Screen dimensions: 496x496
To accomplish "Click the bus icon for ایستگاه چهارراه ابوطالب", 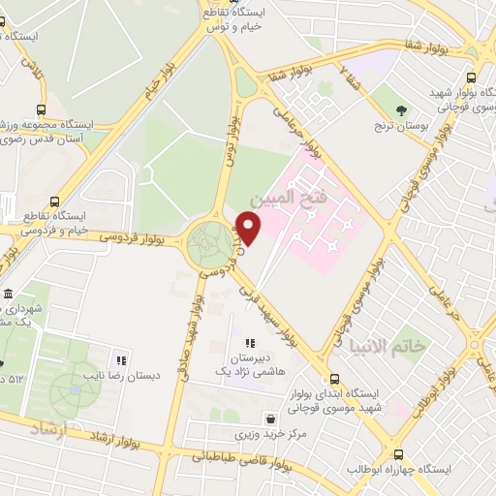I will coord(398,453).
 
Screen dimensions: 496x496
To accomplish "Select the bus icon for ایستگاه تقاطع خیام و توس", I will coord(208,15).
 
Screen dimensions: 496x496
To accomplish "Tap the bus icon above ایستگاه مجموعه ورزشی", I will coord(42,109).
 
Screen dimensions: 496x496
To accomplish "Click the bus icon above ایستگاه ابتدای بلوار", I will coord(335,381).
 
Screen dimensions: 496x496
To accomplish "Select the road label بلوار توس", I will coord(232,141).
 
